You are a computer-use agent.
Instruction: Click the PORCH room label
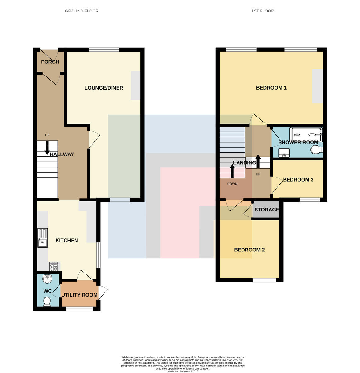(50, 62)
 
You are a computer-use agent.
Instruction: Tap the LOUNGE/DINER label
(104, 88)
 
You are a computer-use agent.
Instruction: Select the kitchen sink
(42, 238)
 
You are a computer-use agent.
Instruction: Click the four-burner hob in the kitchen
(53, 267)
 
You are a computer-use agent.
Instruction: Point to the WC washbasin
(47, 279)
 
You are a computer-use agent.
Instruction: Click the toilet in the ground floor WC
(47, 302)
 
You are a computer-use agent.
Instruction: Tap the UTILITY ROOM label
(79, 295)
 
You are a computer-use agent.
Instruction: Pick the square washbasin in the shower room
(284, 153)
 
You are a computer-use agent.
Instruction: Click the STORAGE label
(267, 210)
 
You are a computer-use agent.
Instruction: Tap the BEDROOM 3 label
(298, 180)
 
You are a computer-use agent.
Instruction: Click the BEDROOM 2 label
(249, 250)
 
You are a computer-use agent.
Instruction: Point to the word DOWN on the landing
(232, 184)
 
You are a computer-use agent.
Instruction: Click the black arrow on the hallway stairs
(47, 148)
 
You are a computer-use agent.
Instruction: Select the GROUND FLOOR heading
(82, 11)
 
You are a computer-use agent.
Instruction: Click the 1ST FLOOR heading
(263, 11)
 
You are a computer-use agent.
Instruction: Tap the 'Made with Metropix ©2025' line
(183, 371)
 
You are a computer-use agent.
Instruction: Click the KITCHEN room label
(67, 240)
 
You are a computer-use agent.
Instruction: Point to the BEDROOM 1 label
(271, 88)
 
